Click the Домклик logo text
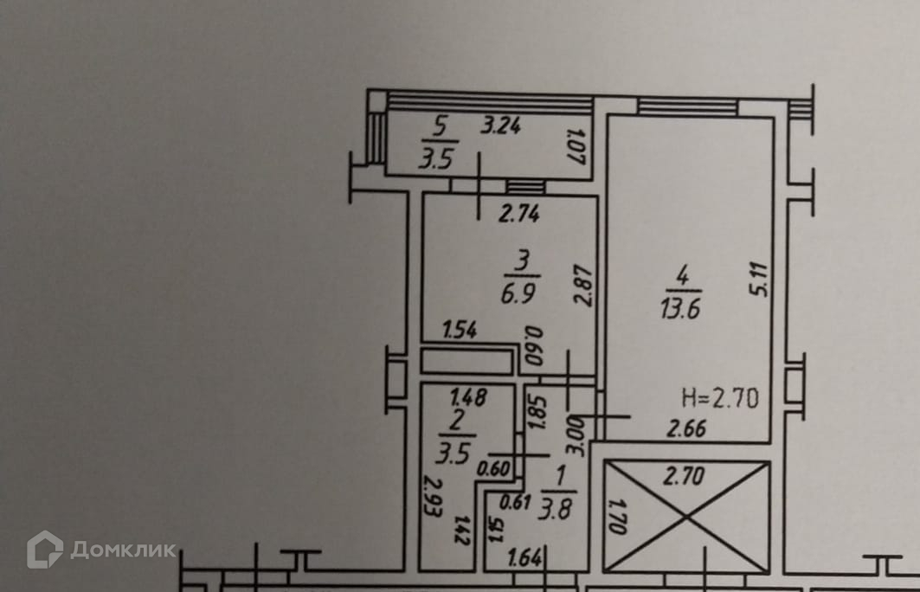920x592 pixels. (x=122, y=550)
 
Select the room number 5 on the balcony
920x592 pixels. (x=440, y=127)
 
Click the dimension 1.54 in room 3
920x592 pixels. (x=460, y=330)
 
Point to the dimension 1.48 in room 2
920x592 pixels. (x=469, y=397)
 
